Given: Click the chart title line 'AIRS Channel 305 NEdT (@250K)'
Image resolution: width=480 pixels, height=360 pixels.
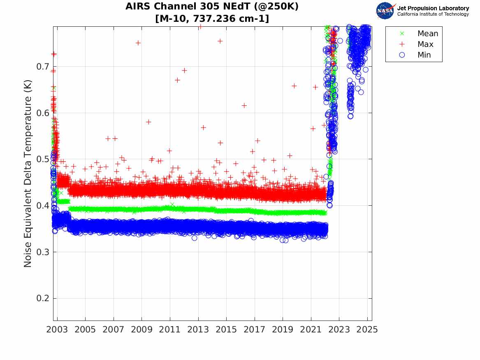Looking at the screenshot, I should [212, 7].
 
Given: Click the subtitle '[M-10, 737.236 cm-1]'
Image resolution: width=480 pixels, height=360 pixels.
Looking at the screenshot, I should [212, 19].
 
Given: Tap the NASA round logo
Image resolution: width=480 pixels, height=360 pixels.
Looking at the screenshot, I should [385, 10].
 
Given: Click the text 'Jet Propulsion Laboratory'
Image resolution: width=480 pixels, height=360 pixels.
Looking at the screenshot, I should [433, 8].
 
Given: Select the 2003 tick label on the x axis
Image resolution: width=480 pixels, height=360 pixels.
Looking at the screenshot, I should [57, 330].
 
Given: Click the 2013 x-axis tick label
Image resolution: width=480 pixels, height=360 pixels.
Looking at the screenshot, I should [198, 330].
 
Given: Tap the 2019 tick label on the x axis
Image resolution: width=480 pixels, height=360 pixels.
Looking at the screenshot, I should [283, 330].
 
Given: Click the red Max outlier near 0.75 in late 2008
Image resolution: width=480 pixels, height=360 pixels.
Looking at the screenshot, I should [138, 43].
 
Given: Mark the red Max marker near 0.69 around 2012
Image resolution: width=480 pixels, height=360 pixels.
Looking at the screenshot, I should [184, 70].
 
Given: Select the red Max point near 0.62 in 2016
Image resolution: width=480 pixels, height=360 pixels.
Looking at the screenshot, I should [244, 105].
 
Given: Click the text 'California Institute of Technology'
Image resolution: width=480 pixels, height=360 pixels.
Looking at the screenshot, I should [433, 14].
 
